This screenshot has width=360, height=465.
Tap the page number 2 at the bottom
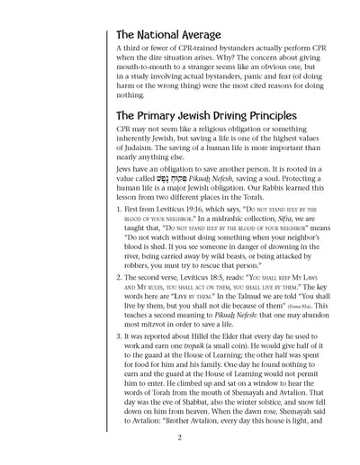pos(180,438)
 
